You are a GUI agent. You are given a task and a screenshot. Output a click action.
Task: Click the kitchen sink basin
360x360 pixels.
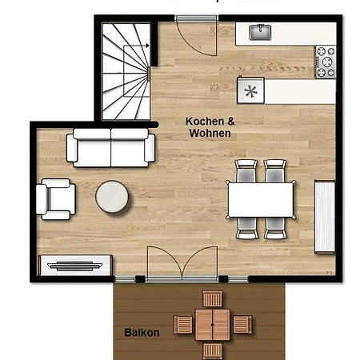(x=260, y=32)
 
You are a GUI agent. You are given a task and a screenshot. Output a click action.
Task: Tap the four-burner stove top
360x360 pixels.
(x=326, y=62)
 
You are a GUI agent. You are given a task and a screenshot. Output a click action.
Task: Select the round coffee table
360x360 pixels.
(x=112, y=197)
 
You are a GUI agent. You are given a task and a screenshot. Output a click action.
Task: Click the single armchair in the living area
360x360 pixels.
(x=56, y=199)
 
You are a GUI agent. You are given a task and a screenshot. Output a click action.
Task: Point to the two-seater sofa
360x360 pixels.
(x=110, y=148)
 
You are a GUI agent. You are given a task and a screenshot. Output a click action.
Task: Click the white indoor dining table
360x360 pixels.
(x=261, y=200)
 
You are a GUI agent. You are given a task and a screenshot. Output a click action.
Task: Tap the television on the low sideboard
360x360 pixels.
(x=75, y=266)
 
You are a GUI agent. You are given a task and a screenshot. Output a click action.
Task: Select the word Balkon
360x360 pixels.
(x=142, y=333)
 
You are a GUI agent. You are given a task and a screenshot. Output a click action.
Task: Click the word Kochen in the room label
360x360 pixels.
(x=205, y=122)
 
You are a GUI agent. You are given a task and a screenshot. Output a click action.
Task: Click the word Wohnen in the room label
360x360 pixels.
(x=210, y=133)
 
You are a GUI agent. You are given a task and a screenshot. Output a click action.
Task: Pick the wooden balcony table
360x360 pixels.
(x=212, y=325)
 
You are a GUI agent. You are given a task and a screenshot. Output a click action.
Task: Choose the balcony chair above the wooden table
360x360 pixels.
(x=212, y=299)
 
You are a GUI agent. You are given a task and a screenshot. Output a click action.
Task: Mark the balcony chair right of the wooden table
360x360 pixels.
(x=242, y=324)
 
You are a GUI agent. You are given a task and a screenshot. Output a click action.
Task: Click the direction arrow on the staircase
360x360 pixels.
(x=136, y=46)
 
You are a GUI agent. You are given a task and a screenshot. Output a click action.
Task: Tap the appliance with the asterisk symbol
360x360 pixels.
(x=250, y=90)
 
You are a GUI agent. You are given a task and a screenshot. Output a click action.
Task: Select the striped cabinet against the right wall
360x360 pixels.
(x=325, y=217)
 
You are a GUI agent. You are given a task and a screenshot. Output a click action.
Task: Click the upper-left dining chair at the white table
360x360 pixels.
(x=246, y=170)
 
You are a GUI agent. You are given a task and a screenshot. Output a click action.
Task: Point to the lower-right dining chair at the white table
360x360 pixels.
(x=275, y=228)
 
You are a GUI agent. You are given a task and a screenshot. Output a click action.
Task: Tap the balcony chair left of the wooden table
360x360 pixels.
(x=183, y=325)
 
